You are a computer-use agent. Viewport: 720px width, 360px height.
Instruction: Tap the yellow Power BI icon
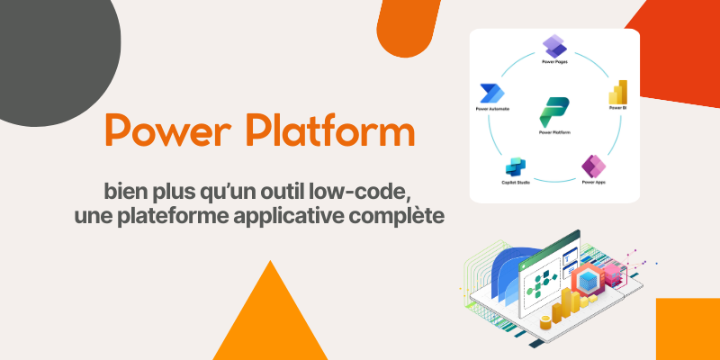[617, 93]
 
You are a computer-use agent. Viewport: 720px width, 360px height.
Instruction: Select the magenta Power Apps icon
[591, 166]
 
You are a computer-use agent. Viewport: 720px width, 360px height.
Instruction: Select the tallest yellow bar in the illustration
[570, 306]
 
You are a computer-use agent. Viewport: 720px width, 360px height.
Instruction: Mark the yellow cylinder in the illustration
[545, 322]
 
